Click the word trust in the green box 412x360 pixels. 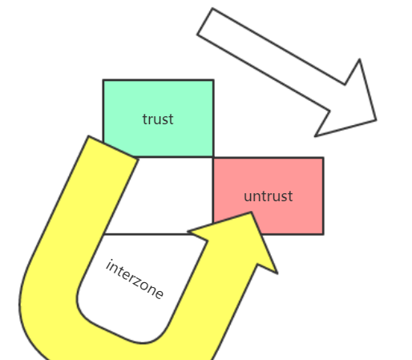(x=158, y=119)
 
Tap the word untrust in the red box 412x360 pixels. (x=269, y=196)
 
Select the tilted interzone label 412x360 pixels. (x=135, y=279)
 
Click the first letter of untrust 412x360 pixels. (x=248, y=197)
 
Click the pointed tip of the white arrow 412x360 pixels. (x=376, y=120)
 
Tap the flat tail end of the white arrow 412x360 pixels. (x=205, y=22)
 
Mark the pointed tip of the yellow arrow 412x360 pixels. (x=251, y=212)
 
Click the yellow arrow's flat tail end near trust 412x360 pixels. (x=113, y=148)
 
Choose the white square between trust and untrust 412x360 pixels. (x=160, y=196)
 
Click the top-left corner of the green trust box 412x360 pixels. (x=103, y=80)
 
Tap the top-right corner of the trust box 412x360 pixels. (x=213, y=80)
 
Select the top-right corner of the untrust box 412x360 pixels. (x=324, y=158)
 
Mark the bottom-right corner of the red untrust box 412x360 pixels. (x=324, y=234)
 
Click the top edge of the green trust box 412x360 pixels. (x=159, y=80)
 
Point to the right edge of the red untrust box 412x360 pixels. (x=324, y=196)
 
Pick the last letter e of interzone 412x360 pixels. (x=160, y=294)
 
